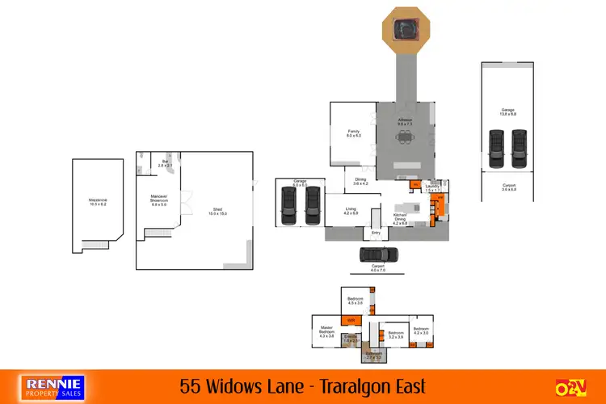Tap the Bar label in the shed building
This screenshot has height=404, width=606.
(166, 163)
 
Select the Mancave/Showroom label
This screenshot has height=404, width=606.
(158, 200)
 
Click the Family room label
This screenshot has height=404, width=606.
(353, 134)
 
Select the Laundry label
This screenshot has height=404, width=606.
(432, 189)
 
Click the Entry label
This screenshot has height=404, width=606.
(376, 234)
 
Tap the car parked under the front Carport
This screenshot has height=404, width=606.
(378, 255)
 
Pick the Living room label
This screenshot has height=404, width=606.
(351, 211)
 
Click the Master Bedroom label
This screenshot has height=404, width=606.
(326, 331)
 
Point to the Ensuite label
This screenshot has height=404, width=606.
(351, 338)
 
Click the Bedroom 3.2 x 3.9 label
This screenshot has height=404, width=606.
(396, 335)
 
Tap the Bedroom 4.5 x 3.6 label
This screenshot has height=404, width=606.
(355, 301)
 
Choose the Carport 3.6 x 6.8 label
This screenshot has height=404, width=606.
(508, 189)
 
